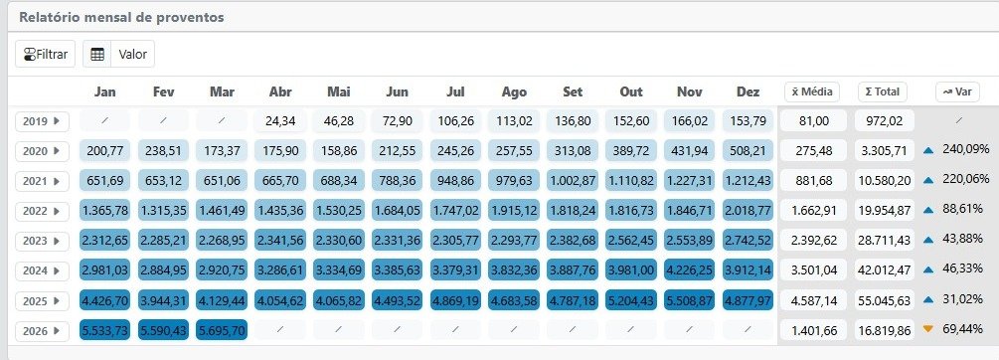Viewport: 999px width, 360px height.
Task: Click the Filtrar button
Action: point(46,54)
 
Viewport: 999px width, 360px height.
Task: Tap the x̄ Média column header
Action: point(812,91)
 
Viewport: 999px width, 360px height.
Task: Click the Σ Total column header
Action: point(882,91)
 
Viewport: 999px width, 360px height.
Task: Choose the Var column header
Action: point(957,91)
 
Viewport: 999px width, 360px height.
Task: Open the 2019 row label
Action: point(42,121)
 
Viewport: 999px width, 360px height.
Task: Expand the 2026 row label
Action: point(42,331)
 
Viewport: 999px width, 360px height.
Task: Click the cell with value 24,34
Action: point(280,121)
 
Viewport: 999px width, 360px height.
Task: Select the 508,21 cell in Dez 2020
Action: point(748,151)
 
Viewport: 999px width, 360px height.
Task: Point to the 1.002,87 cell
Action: point(573,181)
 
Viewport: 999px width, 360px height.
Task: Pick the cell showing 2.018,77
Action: point(748,211)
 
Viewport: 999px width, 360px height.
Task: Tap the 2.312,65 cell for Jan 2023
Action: point(105,241)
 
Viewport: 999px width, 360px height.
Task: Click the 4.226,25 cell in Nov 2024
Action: point(690,270)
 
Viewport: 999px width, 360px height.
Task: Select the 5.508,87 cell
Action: point(690,300)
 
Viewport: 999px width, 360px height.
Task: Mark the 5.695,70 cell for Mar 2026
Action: point(222,331)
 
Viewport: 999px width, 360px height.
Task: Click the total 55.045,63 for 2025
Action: point(885,300)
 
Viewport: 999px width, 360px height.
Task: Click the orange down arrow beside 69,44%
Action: point(927,329)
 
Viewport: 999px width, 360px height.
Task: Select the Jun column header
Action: point(397,91)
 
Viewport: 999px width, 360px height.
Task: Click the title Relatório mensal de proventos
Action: point(121,17)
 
